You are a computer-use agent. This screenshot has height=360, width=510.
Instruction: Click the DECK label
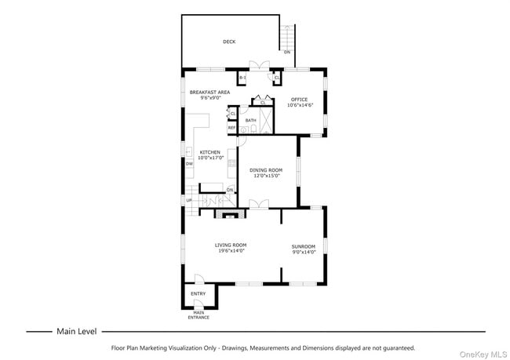pyautogui.click(x=229, y=42)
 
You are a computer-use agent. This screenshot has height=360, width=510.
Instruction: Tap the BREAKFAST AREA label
pyautogui.click(x=209, y=93)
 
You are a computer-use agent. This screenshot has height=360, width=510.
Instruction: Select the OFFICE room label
pyautogui.click(x=299, y=100)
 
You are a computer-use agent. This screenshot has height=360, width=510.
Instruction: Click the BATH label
pyautogui.click(x=250, y=120)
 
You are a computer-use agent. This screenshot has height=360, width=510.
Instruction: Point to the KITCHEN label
pyautogui.click(x=209, y=152)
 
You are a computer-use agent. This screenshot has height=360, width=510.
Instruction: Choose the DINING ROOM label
pyautogui.click(x=265, y=170)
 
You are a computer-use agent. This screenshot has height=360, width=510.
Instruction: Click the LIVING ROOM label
pyautogui.click(x=231, y=245)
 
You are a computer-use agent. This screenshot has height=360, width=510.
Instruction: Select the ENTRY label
pyautogui.click(x=198, y=294)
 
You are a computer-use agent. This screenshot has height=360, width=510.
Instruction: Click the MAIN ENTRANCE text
pyautogui.click(x=198, y=315)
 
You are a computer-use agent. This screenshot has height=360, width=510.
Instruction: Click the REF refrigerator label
pyautogui.click(x=232, y=128)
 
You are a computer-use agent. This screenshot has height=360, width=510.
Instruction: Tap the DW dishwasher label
pyautogui.click(x=189, y=163)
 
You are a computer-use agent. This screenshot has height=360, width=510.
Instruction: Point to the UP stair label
pyautogui.click(x=189, y=200)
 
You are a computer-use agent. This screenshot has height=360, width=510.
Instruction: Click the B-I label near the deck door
pyautogui.click(x=242, y=78)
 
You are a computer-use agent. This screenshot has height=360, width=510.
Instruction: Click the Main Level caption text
pyautogui.click(x=76, y=331)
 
